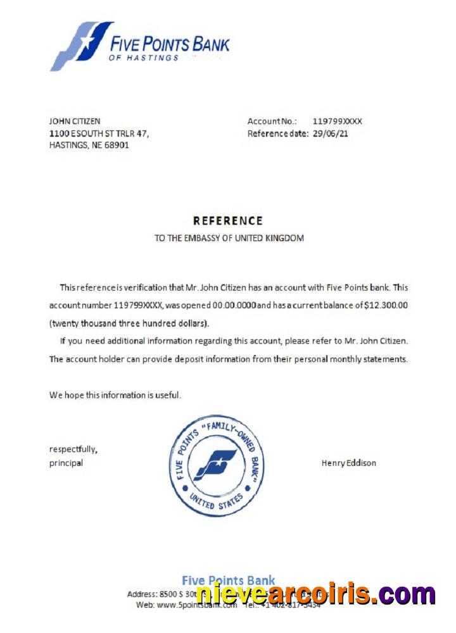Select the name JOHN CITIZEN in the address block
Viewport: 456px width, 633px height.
click(x=75, y=121)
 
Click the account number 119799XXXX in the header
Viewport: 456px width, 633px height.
click(x=338, y=121)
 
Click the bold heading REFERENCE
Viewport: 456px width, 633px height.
click(x=227, y=221)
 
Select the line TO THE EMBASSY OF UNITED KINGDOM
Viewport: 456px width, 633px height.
click(x=229, y=239)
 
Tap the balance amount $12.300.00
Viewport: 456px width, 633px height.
click(x=386, y=305)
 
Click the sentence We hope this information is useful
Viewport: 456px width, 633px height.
click(x=115, y=395)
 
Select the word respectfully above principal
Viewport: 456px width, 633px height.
click(x=73, y=449)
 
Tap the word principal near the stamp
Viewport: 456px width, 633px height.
click(x=66, y=463)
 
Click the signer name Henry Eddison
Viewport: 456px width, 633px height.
click(x=348, y=463)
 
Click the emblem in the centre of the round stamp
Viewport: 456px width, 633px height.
click(x=216, y=465)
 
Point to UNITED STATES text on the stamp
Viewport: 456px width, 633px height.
click(x=216, y=501)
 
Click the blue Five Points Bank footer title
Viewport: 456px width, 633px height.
click(x=228, y=580)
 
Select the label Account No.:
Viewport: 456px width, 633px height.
click(x=272, y=121)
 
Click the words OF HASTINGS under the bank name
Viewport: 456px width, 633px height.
click(x=144, y=58)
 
